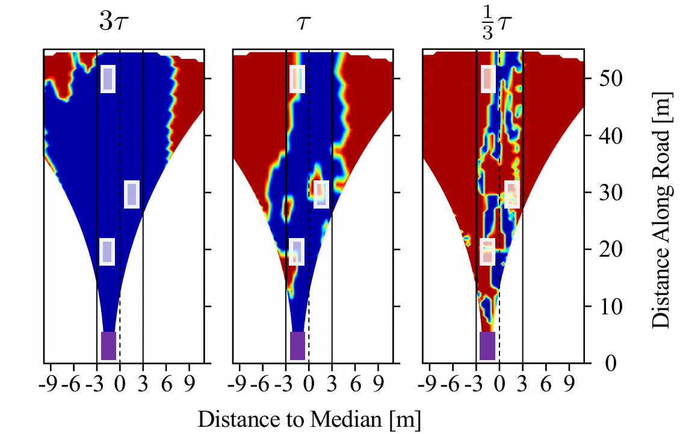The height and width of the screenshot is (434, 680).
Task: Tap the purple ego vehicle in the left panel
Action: pyautogui.click(x=108, y=346)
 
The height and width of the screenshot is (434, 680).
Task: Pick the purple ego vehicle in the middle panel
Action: pyautogui.click(x=297, y=346)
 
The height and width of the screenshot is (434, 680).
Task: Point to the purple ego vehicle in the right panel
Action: pyautogui.click(x=487, y=346)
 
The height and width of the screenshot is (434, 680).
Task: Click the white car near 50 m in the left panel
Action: pyautogui.click(x=108, y=79)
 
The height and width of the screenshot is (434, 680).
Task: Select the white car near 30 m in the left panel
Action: pyautogui.click(x=132, y=194)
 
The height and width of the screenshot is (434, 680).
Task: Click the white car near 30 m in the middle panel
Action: pyautogui.click(x=321, y=194)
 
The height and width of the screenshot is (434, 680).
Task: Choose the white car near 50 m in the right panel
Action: pyautogui.click(x=488, y=79)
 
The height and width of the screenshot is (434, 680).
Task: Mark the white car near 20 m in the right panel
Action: pyautogui.click(x=487, y=252)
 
